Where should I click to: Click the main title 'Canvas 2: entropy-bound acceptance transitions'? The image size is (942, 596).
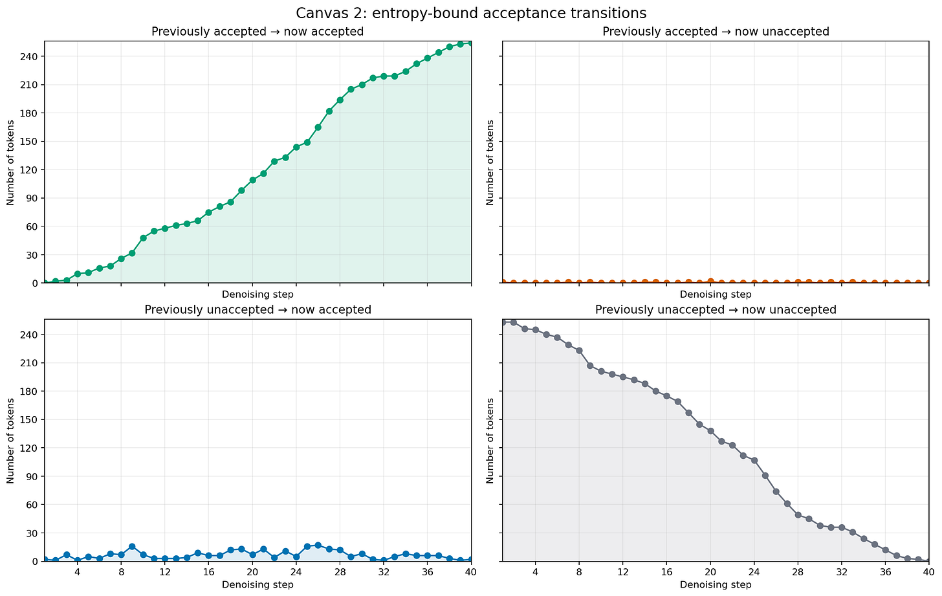pyautogui.click(x=471, y=13)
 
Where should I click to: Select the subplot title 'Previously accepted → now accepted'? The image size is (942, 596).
pyautogui.click(x=257, y=32)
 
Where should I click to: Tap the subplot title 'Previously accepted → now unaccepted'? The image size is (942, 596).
pyautogui.click(x=716, y=32)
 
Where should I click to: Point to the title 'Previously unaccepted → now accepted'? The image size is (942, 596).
pyautogui.click(x=257, y=309)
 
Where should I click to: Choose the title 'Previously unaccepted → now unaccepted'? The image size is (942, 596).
pyautogui.click(x=716, y=309)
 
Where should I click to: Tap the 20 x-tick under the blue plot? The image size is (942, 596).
pyautogui.click(x=252, y=572)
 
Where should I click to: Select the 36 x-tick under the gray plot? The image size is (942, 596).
pyautogui.click(x=885, y=572)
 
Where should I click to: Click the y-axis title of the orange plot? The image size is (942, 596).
pyautogui.click(x=490, y=163)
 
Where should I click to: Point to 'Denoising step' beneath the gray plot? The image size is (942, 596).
pyautogui.click(x=716, y=584)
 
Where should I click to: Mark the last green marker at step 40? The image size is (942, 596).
pyautogui.click(x=471, y=43)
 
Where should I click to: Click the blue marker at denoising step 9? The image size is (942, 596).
pyautogui.click(x=132, y=546)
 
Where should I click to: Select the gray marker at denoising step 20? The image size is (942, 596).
pyautogui.click(x=710, y=431)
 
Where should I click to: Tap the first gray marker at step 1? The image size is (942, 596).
pyautogui.click(x=503, y=322)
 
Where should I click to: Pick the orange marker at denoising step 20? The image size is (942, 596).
pyautogui.click(x=710, y=281)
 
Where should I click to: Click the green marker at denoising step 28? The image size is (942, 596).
pyautogui.click(x=340, y=100)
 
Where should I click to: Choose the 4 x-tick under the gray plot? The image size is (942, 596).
pyautogui.click(x=535, y=572)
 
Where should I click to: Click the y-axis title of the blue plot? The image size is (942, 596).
pyautogui.click(x=10, y=441)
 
